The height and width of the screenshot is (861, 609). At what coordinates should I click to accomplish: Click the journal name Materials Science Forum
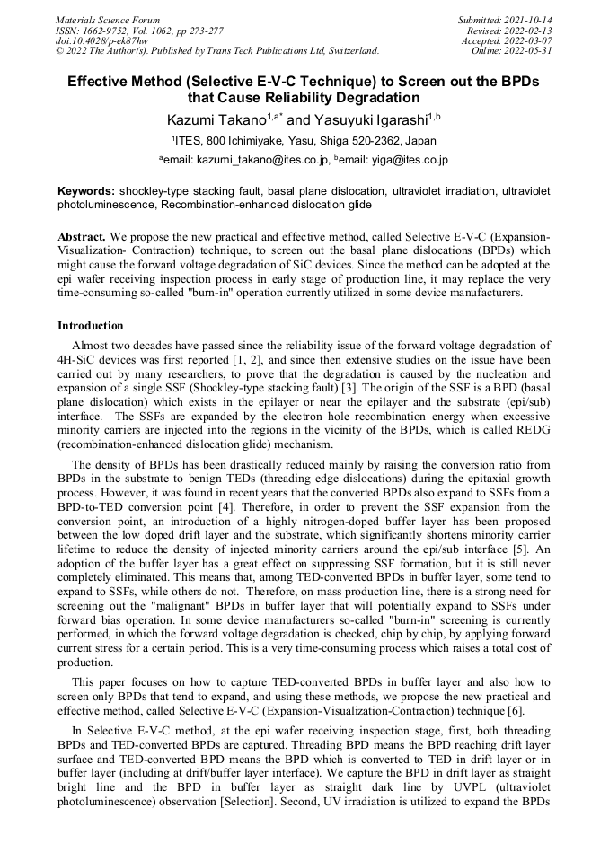(x=108, y=20)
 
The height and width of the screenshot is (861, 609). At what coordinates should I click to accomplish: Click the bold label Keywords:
(x=86, y=191)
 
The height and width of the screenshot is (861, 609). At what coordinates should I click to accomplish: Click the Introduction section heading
(x=91, y=326)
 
